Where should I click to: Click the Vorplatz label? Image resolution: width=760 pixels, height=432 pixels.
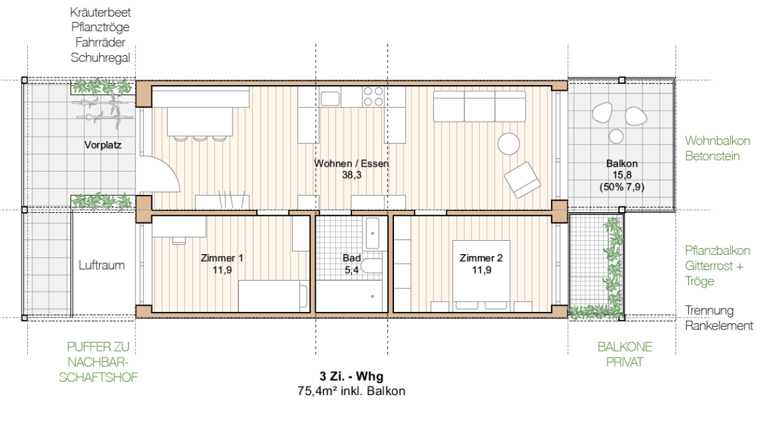103,145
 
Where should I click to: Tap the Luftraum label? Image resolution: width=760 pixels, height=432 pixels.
102,265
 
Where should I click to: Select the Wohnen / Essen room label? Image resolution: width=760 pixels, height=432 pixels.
351,164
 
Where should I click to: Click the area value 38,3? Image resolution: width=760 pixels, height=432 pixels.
351,175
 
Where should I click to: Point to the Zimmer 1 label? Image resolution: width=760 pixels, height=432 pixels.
222,258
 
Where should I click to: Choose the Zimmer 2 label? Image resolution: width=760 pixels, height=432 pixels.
481,258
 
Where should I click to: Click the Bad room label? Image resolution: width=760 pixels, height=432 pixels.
351,258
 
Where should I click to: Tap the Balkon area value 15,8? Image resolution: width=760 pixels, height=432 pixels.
622,175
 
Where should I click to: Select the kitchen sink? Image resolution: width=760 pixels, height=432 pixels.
330,99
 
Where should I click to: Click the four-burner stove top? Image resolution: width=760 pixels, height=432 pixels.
373,97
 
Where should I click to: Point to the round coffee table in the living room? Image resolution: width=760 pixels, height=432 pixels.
509,144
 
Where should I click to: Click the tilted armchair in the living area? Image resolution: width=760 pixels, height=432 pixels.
522,180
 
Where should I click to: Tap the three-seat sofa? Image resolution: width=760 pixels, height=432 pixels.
479,106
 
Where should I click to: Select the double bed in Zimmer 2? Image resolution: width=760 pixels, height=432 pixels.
481,276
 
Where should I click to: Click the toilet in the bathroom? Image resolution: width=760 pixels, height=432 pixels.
372,266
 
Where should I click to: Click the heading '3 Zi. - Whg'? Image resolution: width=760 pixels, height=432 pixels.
351,376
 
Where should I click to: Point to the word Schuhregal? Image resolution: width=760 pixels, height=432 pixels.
100,58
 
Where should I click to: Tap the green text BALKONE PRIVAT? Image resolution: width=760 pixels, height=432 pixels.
625,354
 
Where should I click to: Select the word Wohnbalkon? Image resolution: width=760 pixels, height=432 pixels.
717,141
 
